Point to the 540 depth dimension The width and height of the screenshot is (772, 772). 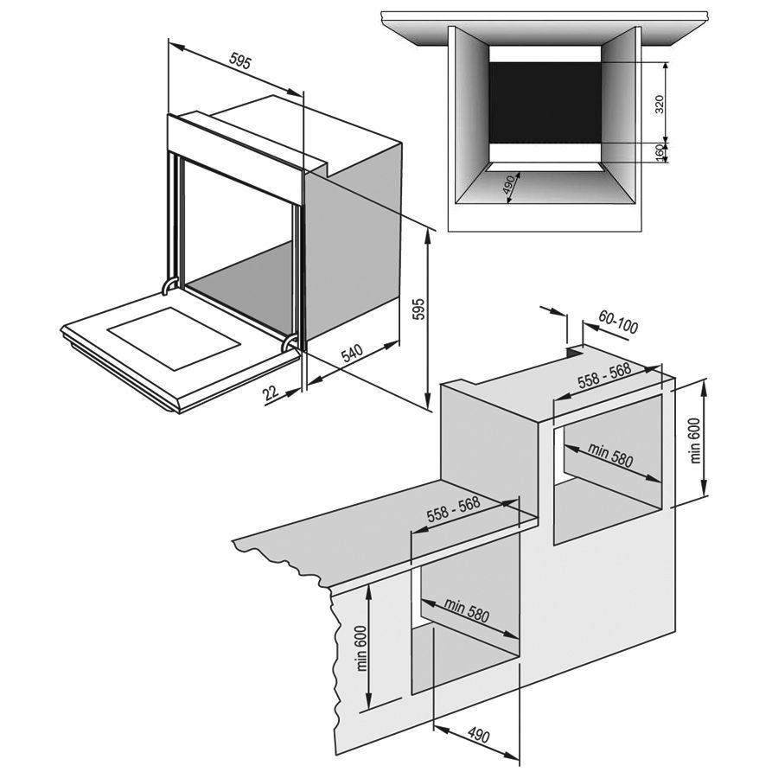(x=351, y=355)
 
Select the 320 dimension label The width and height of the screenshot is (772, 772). (x=659, y=105)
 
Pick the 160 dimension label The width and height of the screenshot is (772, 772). (x=659, y=153)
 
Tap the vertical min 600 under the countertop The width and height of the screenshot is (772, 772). (x=360, y=647)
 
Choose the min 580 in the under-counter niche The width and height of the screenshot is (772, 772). (x=467, y=610)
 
